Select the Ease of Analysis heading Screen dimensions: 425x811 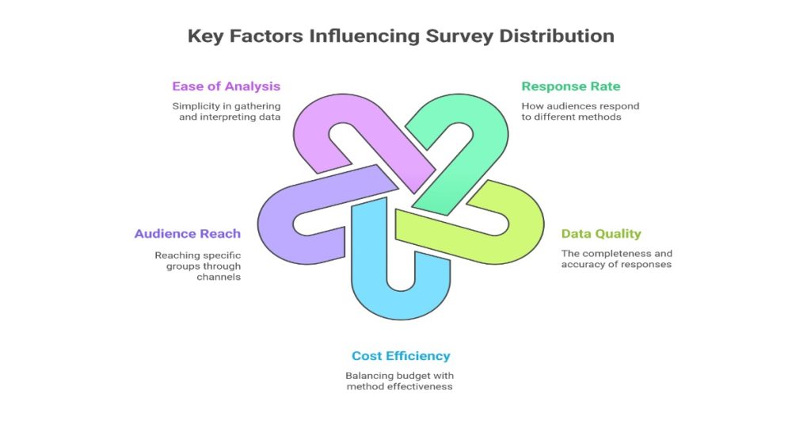coord(227,86)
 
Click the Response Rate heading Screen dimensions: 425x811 coord(570,86)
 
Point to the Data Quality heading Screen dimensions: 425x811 coord(601,234)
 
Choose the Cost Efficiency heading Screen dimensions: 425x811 coord(401,356)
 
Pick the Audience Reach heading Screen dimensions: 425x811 coord(188,234)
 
